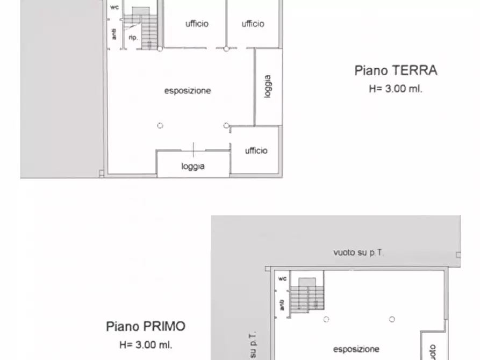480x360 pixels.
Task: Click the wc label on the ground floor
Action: pos(114,8)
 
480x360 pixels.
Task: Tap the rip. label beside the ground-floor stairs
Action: pos(133,38)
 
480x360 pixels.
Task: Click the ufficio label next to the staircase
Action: pos(197,24)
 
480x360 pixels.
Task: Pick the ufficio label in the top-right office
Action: pos(253,24)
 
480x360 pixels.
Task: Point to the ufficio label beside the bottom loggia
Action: pos(256,151)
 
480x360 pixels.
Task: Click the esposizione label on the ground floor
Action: pos(188,91)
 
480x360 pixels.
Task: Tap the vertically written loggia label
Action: pos(268,86)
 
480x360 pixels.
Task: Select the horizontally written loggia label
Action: pos(193,167)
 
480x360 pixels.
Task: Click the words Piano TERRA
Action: pos(396,70)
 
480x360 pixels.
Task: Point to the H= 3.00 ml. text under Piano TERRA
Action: pos(396,89)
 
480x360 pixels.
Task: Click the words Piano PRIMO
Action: pos(146,326)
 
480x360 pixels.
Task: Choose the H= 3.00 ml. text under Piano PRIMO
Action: pos(146,344)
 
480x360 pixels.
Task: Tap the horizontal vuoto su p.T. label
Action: pos(359,252)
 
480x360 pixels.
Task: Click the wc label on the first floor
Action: pos(282,279)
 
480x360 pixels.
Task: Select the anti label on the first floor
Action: pos(282,305)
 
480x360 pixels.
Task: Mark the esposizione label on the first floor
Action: pos(356,349)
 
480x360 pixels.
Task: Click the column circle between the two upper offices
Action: pos(226,49)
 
